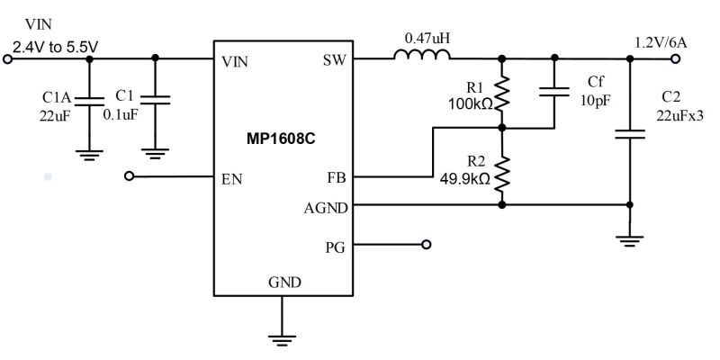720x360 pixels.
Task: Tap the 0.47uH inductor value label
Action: pyautogui.click(x=427, y=39)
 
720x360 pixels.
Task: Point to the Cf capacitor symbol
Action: pyautogui.click(x=555, y=89)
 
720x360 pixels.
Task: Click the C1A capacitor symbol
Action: pyautogui.click(x=89, y=102)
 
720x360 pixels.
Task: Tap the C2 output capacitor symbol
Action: pyautogui.click(x=630, y=134)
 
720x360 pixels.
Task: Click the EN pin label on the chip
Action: pyautogui.click(x=230, y=178)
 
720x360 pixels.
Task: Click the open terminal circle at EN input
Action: pyautogui.click(x=130, y=177)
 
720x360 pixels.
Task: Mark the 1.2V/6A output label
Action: pyautogui.click(x=661, y=41)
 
